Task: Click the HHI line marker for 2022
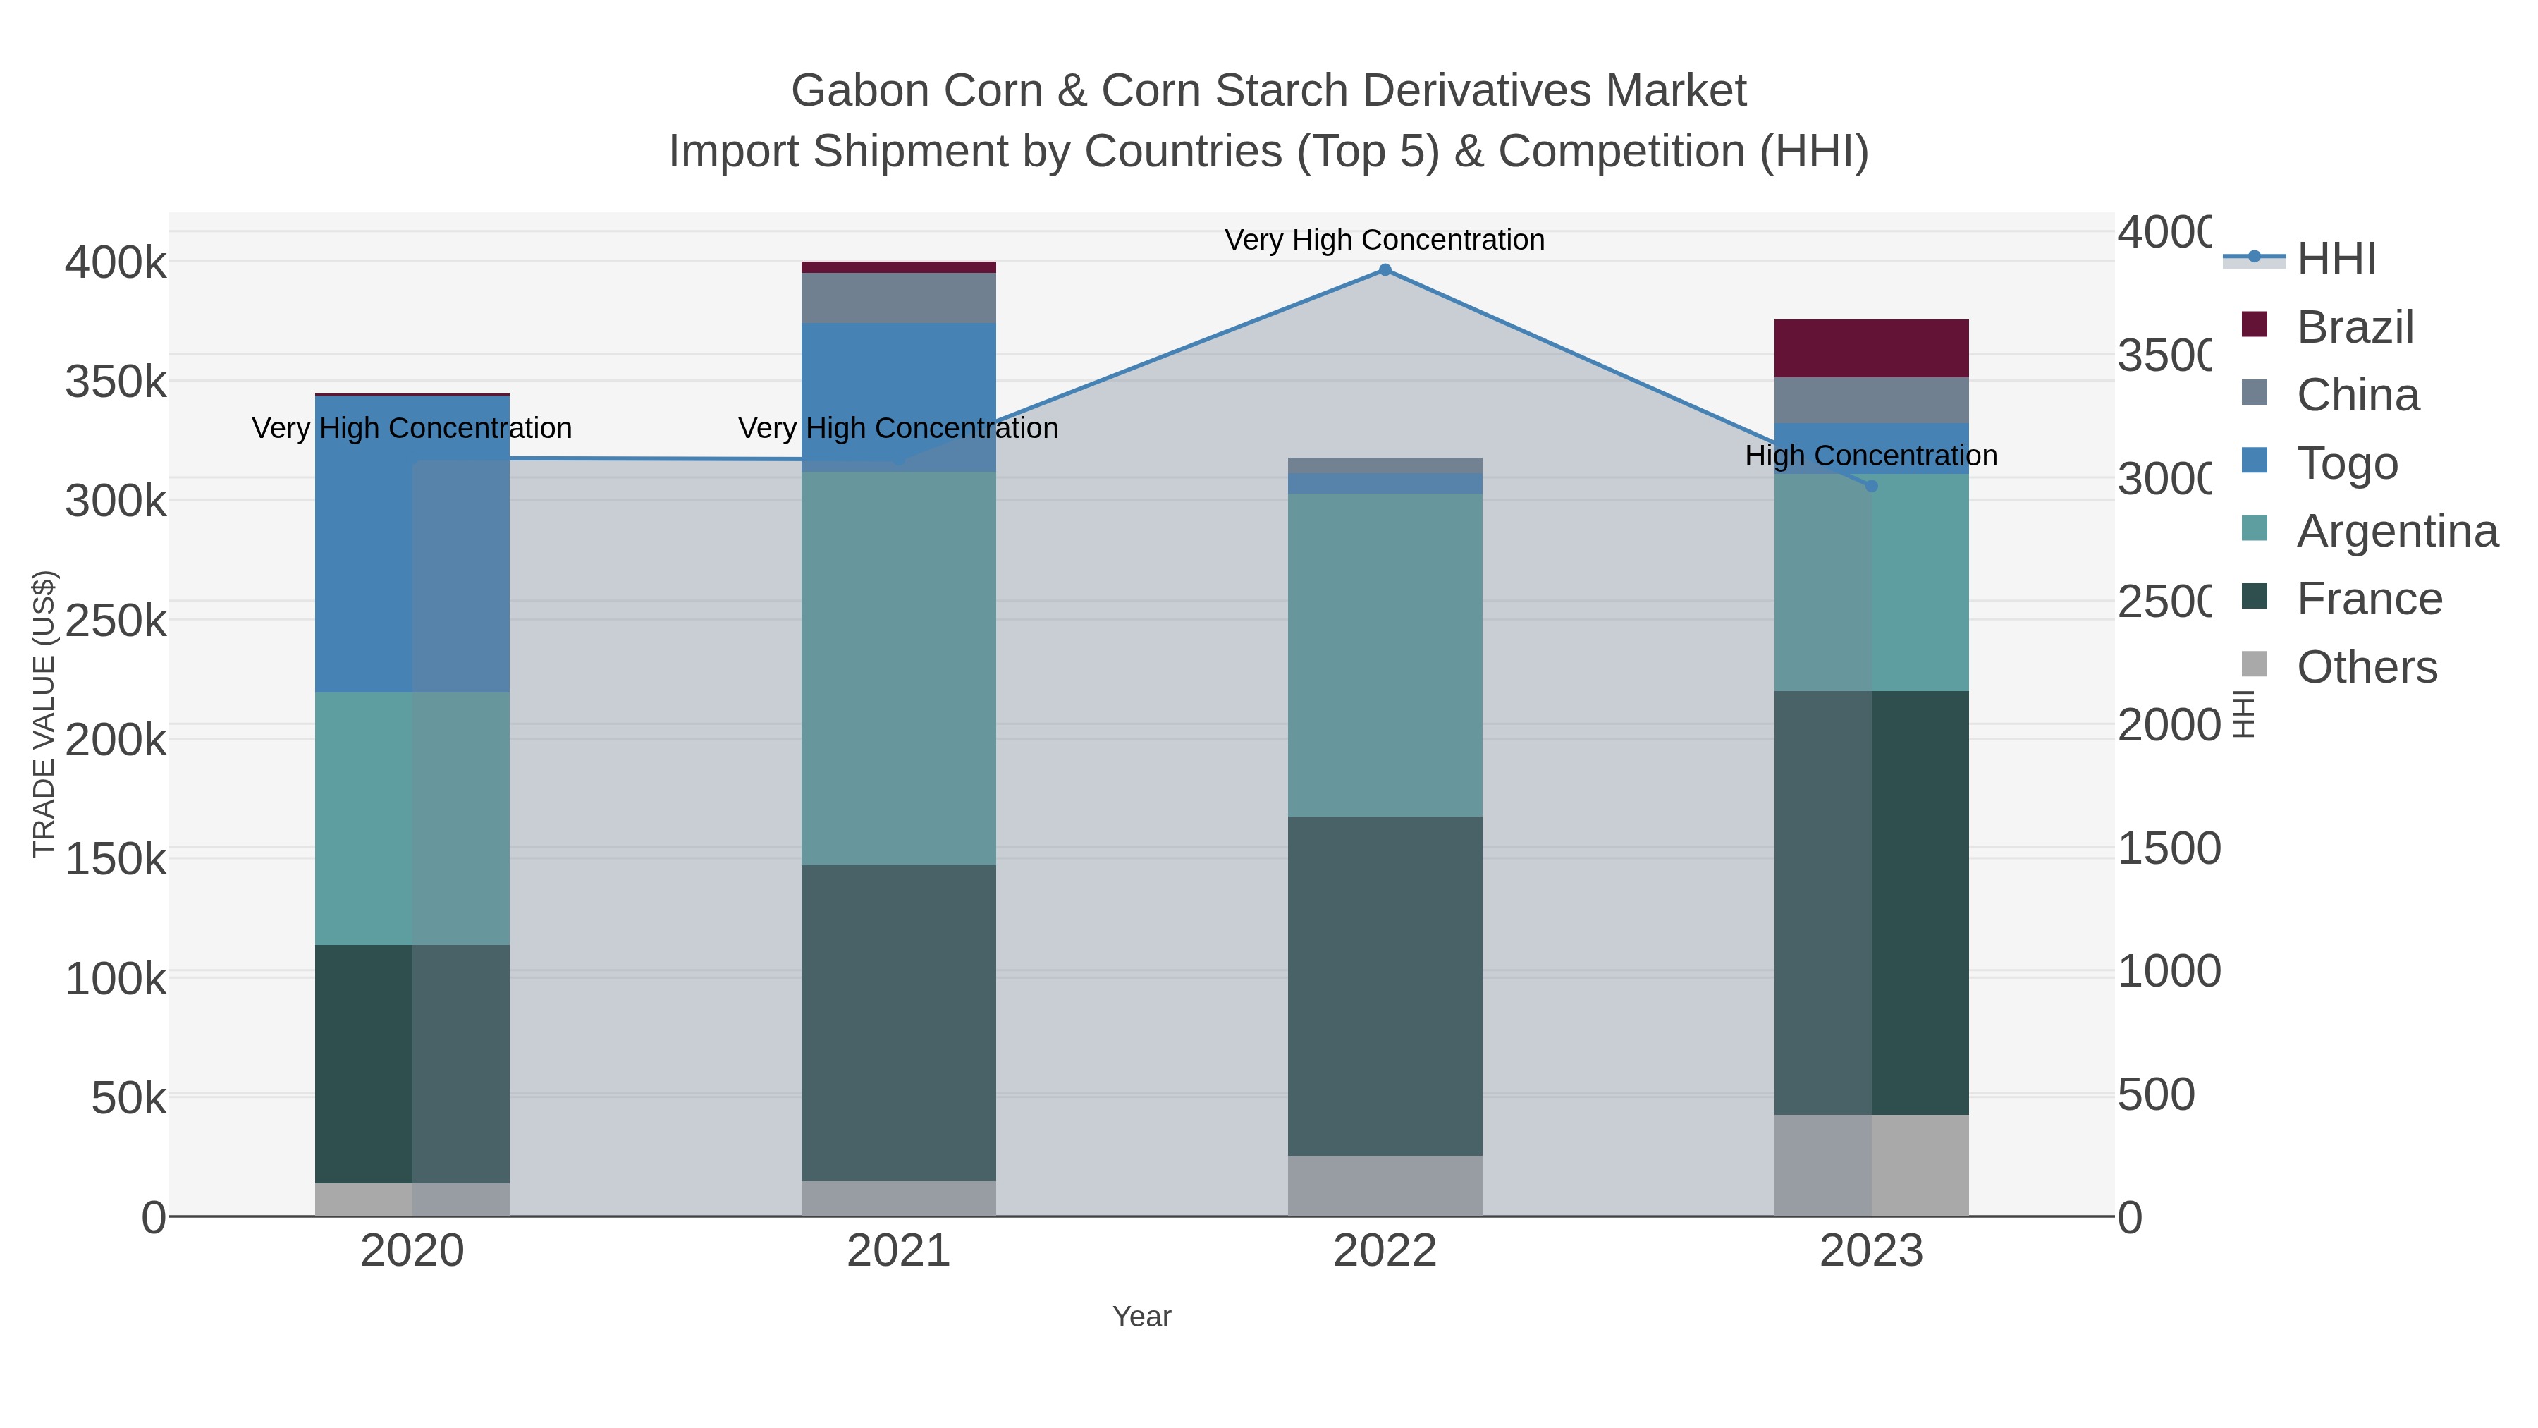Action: (x=1385, y=270)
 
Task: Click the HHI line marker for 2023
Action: (x=1871, y=486)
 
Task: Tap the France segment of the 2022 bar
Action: (x=1385, y=986)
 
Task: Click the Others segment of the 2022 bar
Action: (x=1385, y=1185)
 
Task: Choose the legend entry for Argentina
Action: (x=2396, y=531)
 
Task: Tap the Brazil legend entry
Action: (x=2354, y=327)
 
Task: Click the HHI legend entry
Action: (x=2335, y=260)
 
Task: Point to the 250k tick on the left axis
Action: (x=116, y=621)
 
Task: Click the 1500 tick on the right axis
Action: (x=2169, y=848)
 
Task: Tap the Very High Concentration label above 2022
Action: (x=1385, y=240)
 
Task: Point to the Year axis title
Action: (x=1141, y=1317)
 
